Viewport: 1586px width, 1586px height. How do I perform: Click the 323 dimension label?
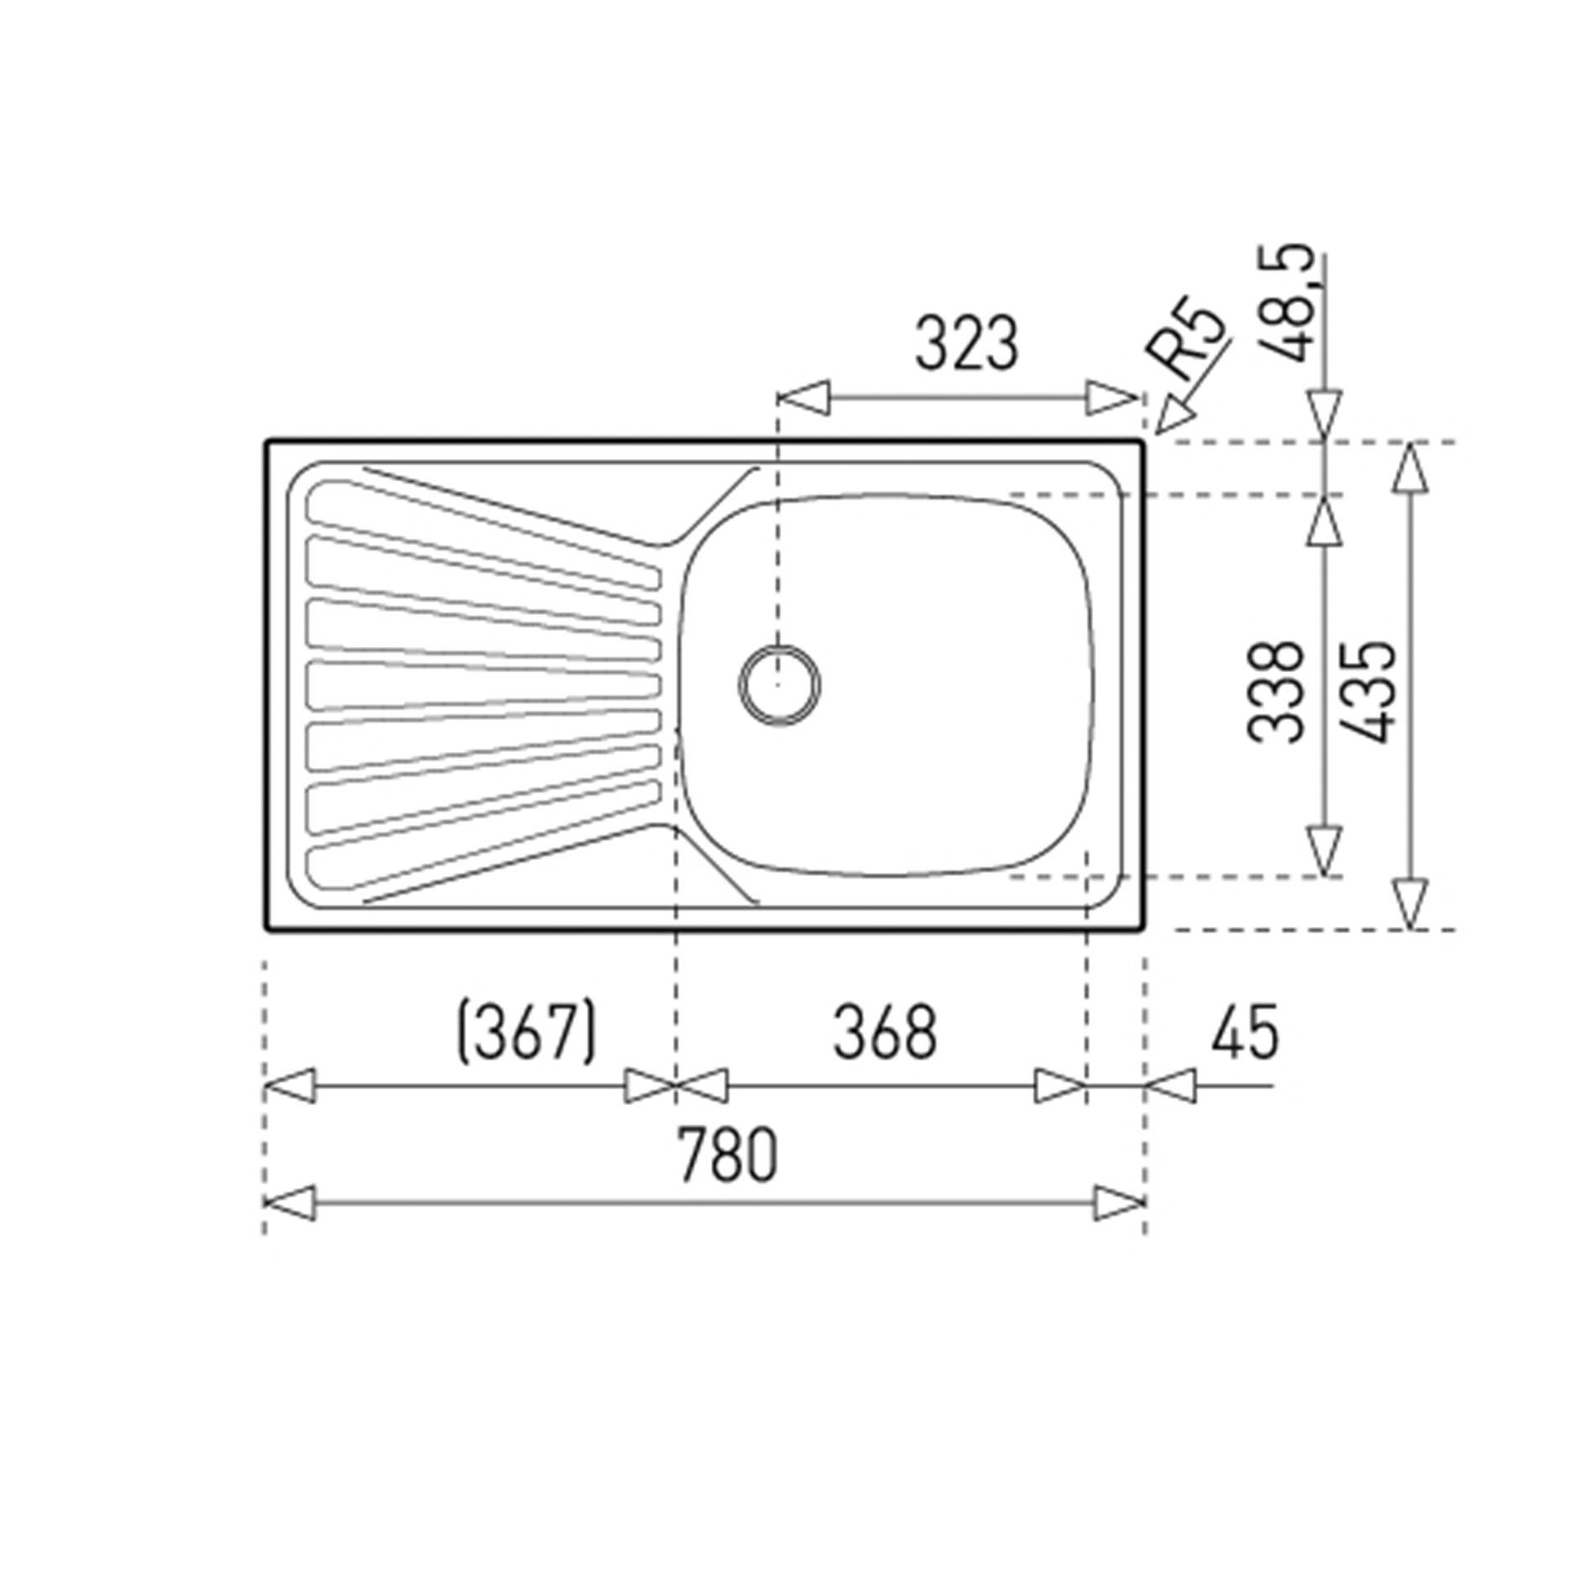(966, 343)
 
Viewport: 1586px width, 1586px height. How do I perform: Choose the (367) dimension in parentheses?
(526, 1030)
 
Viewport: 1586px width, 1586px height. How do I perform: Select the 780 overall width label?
(727, 1155)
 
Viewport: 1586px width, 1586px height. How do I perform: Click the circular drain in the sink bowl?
(780, 685)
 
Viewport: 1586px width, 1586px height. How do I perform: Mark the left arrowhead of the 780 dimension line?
(290, 1203)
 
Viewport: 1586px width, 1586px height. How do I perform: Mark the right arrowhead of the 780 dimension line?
(1120, 1203)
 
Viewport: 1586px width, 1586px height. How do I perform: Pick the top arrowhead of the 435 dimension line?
(1411, 467)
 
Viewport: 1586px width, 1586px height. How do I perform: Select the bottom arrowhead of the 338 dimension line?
(1323, 851)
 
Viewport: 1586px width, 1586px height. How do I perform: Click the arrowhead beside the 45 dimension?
(1170, 1086)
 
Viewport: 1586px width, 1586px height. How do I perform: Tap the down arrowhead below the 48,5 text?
(1324, 415)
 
